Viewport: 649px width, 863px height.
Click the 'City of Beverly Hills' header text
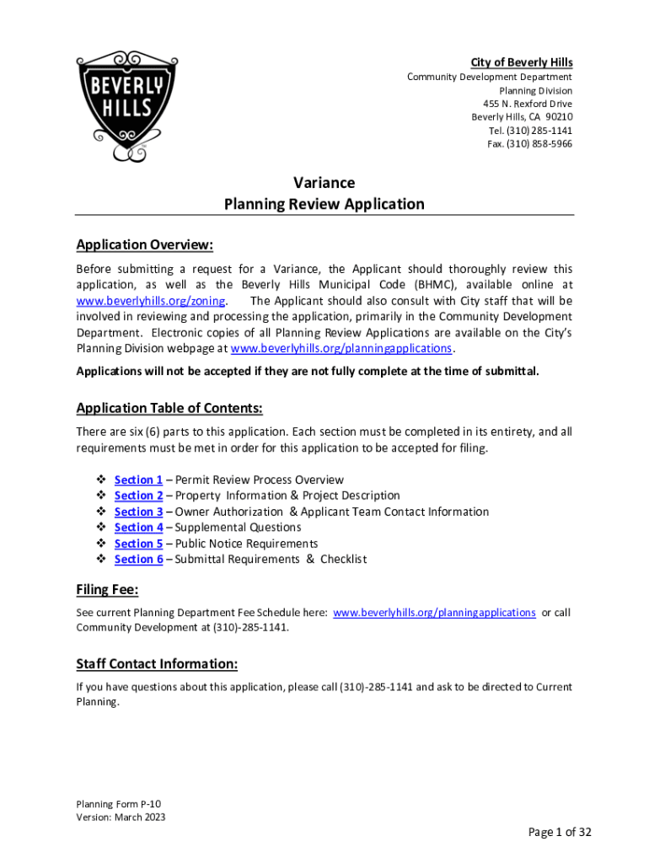point(521,62)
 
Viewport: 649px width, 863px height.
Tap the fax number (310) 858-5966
point(529,144)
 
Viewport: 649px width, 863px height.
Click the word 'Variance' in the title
point(324,183)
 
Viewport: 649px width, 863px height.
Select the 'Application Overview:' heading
point(144,245)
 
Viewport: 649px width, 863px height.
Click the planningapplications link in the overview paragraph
point(341,348)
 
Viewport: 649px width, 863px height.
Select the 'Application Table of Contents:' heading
point(169,409)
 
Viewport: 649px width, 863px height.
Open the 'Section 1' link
point(138,480)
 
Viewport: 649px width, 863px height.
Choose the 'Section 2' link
point(138,496)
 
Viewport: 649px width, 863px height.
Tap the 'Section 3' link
point(138,512)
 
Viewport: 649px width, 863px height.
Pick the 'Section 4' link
point(138,528)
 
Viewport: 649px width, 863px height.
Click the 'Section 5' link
point(138,544)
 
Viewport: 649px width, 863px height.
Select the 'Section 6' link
point(138,560)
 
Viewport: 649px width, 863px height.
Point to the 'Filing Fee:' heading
point(107,589)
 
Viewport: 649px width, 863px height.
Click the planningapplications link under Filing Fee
point(434,613)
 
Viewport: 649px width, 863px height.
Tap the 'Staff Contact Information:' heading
point(157,663)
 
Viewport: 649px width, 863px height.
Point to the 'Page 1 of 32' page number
point(560,833)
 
